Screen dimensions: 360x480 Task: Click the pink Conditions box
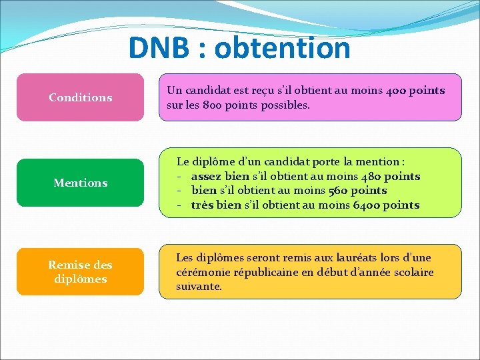[80, 97]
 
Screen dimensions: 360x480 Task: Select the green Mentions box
[80, 183]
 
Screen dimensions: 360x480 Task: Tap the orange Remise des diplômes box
[80, 271]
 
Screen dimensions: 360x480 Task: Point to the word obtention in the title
[283, 48]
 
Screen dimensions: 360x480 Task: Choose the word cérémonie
[203, 273]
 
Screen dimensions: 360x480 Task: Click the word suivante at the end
[199, 287]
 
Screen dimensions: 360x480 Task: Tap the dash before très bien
[180, 205]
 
